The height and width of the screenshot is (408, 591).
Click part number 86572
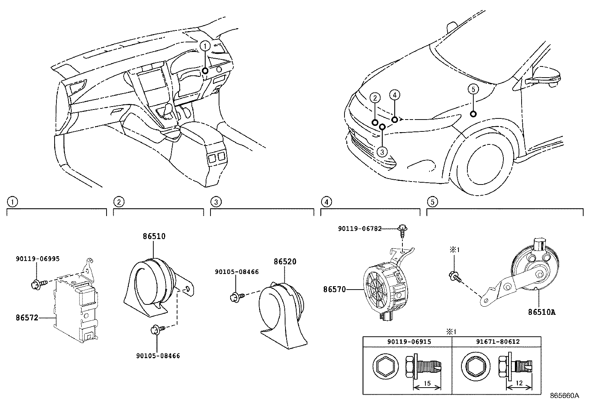[x=27, y=318]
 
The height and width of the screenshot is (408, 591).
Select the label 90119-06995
[x=38, y=259]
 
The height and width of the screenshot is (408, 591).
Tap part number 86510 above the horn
[x=154, y=236]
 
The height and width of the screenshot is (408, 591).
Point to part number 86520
[x=285, y=261]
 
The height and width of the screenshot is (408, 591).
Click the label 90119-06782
[x=360, y=229]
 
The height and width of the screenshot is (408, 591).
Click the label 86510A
[x=542, y=312]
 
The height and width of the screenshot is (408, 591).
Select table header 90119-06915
[x=407, y=342]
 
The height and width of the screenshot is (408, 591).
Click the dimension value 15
[x=427, y=383]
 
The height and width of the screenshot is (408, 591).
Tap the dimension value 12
[x=519, y=383]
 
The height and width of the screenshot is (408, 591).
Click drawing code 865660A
[x=564, y=396]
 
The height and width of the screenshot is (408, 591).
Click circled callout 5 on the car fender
[x=473, y=89]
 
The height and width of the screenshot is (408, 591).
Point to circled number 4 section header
[x=326, y=202]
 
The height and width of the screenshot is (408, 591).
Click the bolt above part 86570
[x=402, y=229]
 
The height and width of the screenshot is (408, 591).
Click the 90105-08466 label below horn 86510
[x=158, y=356]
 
